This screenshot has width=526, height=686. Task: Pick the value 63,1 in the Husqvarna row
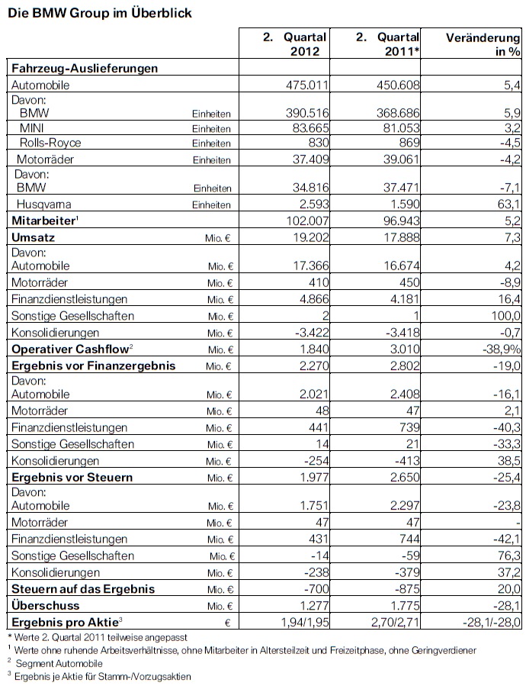508,205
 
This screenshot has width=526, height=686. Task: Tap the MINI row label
31,128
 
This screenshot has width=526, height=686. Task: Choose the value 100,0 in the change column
505,316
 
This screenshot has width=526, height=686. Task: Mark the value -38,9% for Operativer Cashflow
499,349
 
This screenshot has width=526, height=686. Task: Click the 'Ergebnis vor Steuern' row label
71,477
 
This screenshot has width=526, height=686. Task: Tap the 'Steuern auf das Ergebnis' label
82,588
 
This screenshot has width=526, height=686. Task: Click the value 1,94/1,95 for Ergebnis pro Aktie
299,622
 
